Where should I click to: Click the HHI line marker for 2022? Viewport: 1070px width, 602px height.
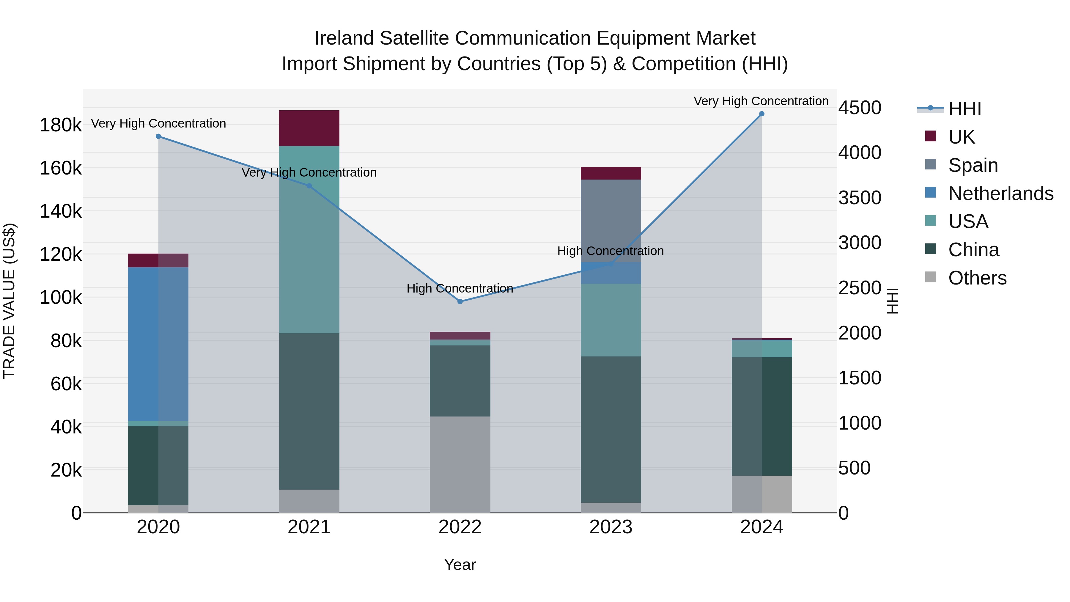pos(460,302)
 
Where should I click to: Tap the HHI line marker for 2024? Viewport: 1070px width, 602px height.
pos(761,114)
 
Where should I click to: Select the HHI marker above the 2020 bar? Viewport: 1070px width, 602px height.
pos(158,136)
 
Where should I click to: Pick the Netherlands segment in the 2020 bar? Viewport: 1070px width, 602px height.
pos(158,344)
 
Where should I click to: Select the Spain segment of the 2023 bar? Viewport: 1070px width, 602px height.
pos(610,221)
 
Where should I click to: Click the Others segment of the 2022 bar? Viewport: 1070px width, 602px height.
pos(460,464)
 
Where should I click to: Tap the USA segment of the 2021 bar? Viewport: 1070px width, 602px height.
pos(309,239)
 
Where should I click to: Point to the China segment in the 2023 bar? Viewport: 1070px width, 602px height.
pos(610,429)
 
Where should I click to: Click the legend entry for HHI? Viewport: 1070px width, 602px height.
pos(964,109)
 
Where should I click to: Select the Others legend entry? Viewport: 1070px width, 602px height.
pos(977,278)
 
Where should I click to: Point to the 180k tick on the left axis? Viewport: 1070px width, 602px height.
pos(61,125)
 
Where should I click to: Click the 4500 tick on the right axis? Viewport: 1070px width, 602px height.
pos(859,108)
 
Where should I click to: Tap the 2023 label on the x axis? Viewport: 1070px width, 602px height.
pos(610,527)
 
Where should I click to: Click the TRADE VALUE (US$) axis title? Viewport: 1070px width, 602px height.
pos(9,301)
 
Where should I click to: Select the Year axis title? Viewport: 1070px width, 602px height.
pos(460,565)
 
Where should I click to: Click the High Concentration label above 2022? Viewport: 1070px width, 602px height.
pos(460,288)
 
